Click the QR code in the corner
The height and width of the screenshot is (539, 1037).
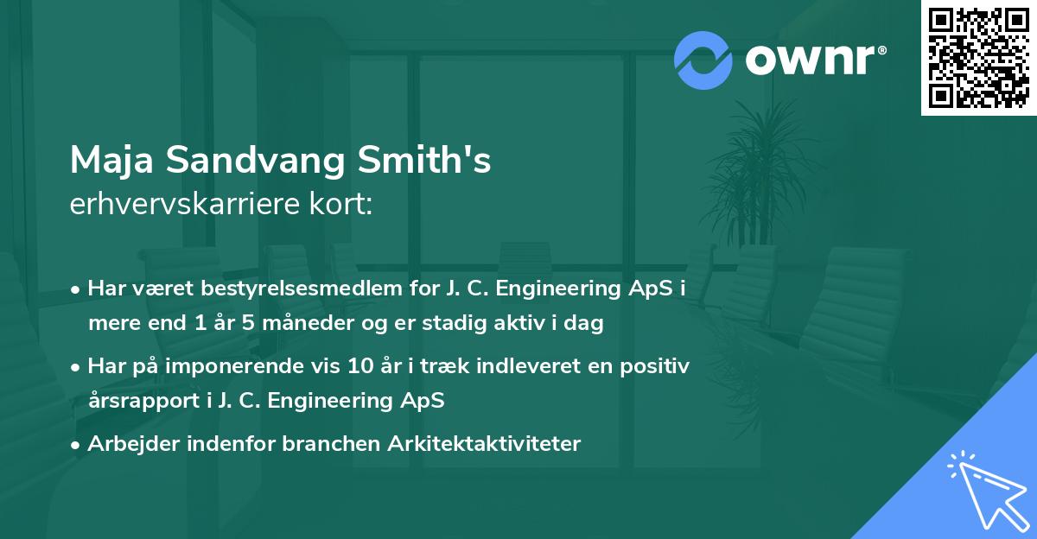coord(978,58)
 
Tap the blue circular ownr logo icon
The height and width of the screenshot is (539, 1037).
coord(703,60)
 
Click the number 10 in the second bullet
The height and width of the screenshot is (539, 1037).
coord(382,366)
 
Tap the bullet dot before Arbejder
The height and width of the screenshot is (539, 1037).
coord(77,445)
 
